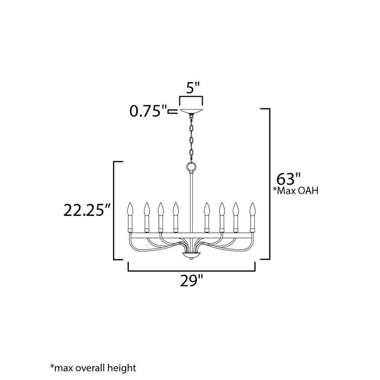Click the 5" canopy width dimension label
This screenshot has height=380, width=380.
[x=193, y=88]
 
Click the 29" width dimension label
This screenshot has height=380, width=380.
[x=191, y=281]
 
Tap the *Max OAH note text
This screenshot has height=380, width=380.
[x=295, y=191]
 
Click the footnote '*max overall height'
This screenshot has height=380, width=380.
[x=93, y=368]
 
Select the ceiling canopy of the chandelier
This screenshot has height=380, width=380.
[x=191, y=111]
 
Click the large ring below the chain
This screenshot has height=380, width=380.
[x=191, y=167]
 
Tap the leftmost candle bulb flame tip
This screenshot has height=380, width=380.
[x=130, y=203]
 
